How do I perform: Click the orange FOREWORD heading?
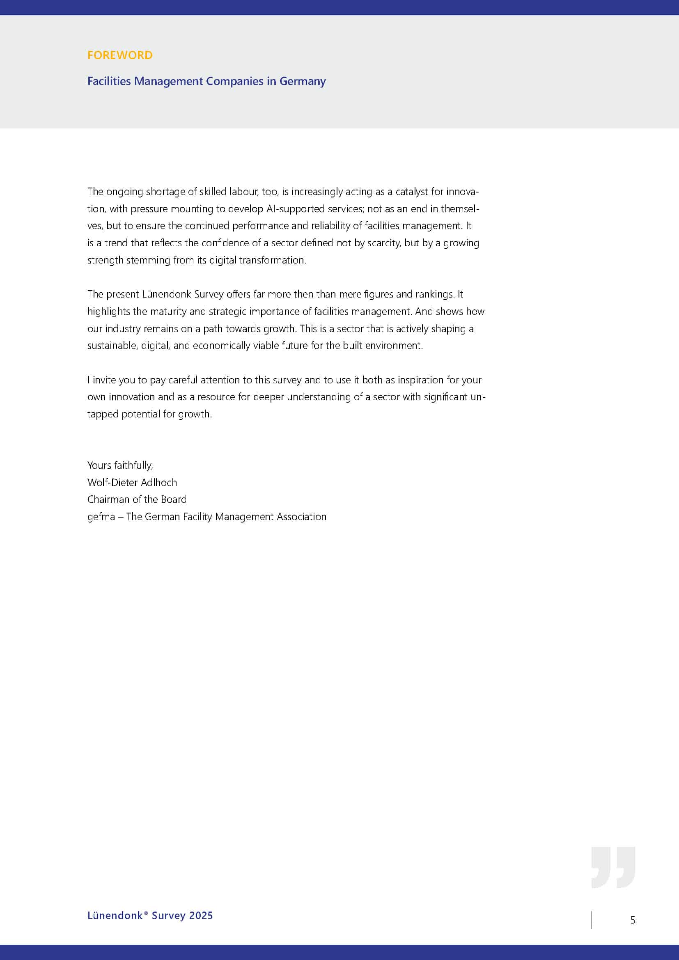pyautogui.click(x=119, y=55)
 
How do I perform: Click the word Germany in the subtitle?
pyautogui.click(x=302, y=81)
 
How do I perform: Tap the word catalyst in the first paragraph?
pyautogui.click(x=412, y=192)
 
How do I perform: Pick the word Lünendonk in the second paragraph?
pyautogui.click(x=166, y=294)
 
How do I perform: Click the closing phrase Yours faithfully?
pyautogui.click(x=120, y=465)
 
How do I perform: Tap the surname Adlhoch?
pyautogui.click(x=159, y=483)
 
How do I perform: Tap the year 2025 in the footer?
pyautogui.click(x=201, y=916)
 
